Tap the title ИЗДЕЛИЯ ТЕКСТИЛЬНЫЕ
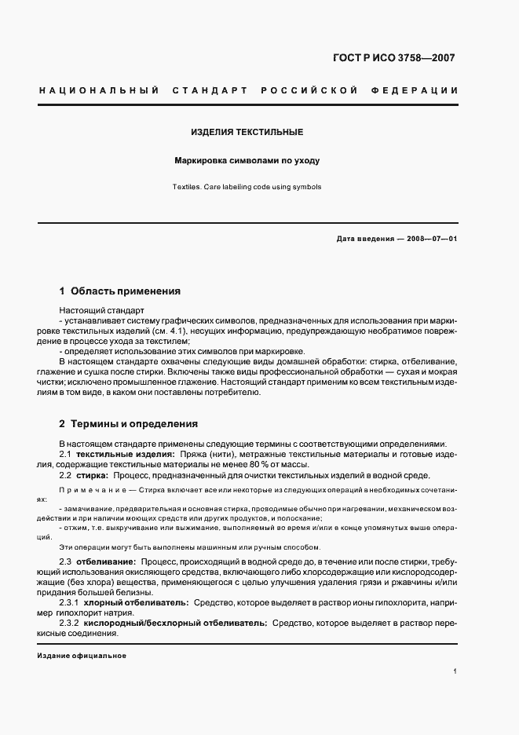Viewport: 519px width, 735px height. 247,133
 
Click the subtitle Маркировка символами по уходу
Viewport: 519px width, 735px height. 247,160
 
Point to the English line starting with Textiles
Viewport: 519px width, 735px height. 247,187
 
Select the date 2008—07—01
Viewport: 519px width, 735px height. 430,238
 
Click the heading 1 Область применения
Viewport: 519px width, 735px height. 120,291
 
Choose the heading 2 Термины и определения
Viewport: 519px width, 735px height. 128,423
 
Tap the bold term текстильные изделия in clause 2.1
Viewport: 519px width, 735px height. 125,455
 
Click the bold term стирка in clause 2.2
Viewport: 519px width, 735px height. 92,476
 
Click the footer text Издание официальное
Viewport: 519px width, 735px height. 82,655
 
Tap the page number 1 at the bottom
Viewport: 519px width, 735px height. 455,672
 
